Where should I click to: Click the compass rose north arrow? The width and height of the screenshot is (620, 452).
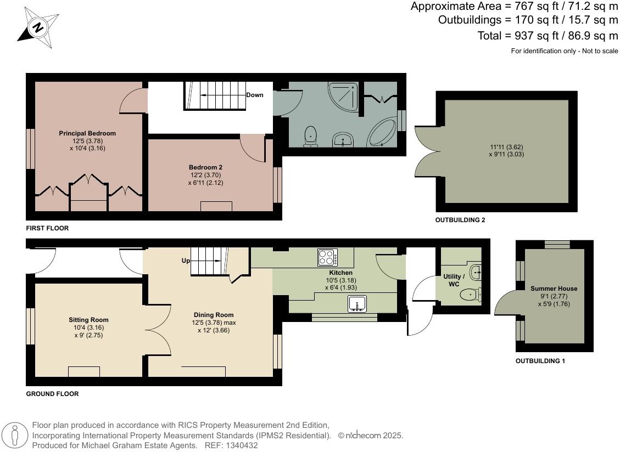point(38,26)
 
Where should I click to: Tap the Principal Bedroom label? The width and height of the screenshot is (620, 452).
point(87,133)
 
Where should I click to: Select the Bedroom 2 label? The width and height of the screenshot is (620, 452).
point(205,167)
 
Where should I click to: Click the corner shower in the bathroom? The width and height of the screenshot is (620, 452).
point(345,97)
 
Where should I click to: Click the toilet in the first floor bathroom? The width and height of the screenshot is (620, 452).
point(311,136)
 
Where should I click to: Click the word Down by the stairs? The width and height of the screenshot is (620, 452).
point(254,95)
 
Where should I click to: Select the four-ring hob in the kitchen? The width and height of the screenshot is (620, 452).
point(327,257)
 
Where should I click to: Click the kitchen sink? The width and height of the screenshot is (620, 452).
point(358,303)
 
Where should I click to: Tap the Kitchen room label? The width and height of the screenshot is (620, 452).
point(340,273)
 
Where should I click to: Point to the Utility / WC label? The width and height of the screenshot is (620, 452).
point(454,280)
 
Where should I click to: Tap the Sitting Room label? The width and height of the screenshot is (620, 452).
point(88,320)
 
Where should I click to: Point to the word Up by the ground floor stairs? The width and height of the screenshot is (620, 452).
point(185,261)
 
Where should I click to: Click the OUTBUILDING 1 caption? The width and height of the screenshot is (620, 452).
point(540,361)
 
